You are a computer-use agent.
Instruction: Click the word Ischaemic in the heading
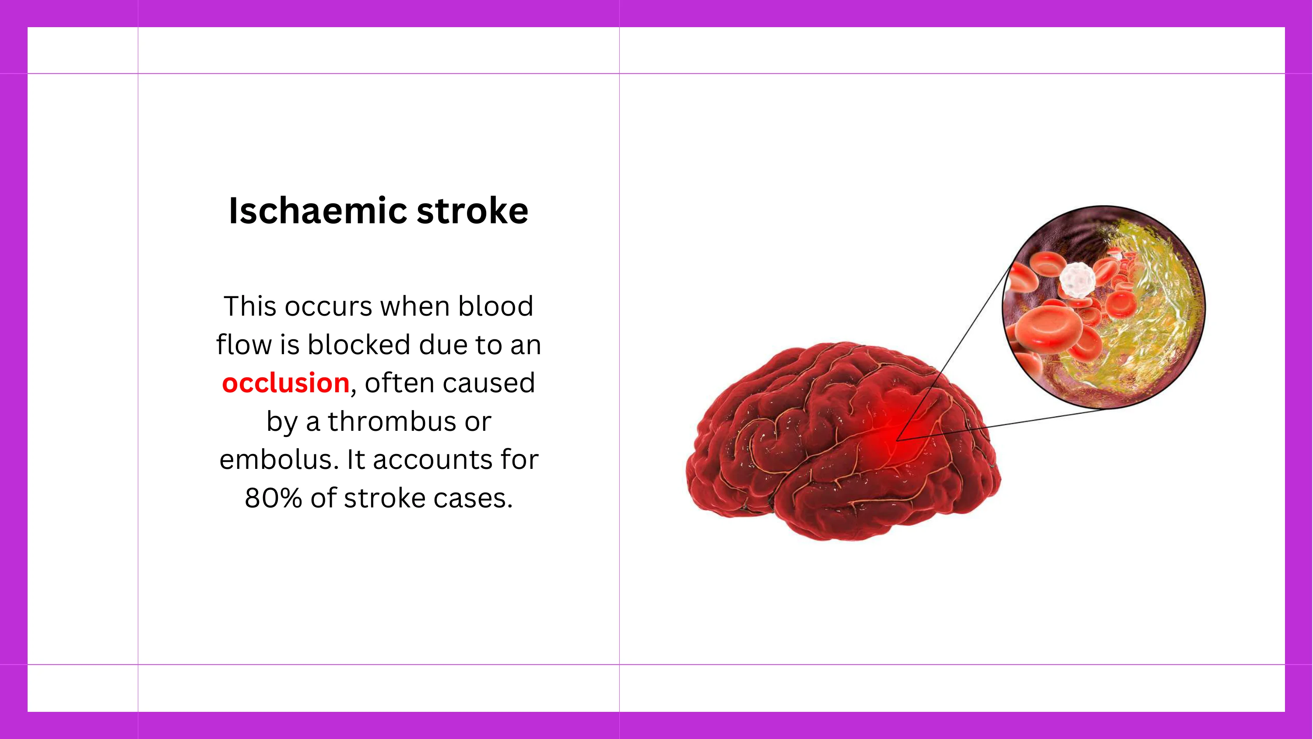pyautogui.click(x=318, y=210)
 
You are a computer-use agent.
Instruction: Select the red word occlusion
pyautogui.click(x=286, y=383)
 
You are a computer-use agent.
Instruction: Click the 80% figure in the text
pyautogui.click(x=273, y=498)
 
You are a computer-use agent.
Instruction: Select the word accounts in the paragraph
pyautogui.click(x=432, y=460)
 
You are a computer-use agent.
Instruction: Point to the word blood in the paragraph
pyautogui.click(x=495, y=306)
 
